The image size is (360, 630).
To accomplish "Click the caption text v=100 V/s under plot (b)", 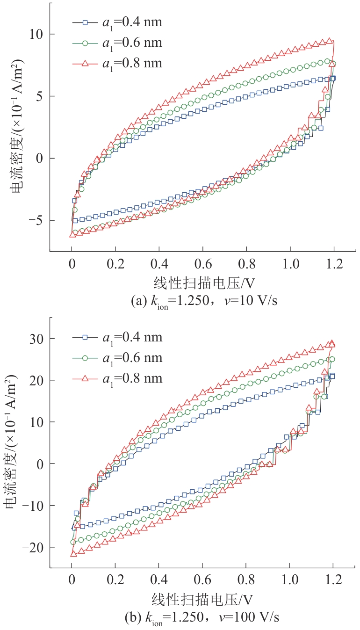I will coord(249,617).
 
